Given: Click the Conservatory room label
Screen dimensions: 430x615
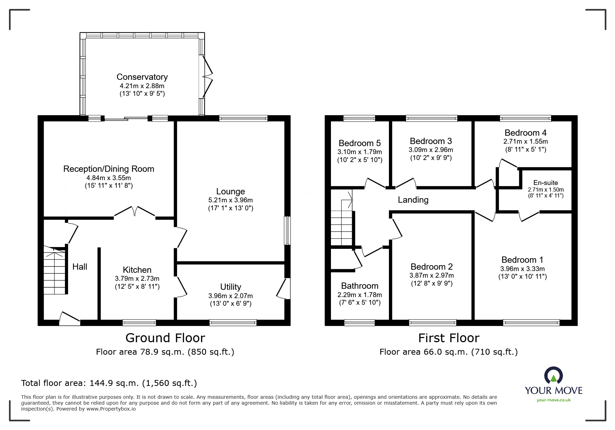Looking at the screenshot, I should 142,77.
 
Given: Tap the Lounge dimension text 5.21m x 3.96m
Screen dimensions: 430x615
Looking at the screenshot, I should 230,200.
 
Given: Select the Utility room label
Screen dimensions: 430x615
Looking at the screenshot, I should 230,287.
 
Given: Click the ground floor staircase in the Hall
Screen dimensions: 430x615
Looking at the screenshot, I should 55,271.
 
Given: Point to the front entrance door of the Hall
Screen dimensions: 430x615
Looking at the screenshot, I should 70,319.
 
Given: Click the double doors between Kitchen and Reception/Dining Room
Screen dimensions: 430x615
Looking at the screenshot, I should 134,212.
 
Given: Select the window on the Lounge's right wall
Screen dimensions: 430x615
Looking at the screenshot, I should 287,231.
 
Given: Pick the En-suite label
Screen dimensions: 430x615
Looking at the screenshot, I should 546,183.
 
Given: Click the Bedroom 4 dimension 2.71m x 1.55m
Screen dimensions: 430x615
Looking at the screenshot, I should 525,142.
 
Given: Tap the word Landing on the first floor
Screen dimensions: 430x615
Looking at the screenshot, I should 413,200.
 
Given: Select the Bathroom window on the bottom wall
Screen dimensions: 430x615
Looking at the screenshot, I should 359,322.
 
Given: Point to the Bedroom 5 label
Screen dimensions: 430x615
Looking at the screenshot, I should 359,143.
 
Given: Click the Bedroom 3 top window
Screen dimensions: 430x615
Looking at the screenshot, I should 431,118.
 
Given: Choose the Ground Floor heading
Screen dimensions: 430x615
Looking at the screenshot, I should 165,338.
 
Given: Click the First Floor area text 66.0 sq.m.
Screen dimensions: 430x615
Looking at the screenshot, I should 448,352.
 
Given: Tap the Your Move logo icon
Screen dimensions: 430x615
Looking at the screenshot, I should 554,376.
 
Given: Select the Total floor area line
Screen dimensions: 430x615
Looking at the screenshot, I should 109,383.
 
